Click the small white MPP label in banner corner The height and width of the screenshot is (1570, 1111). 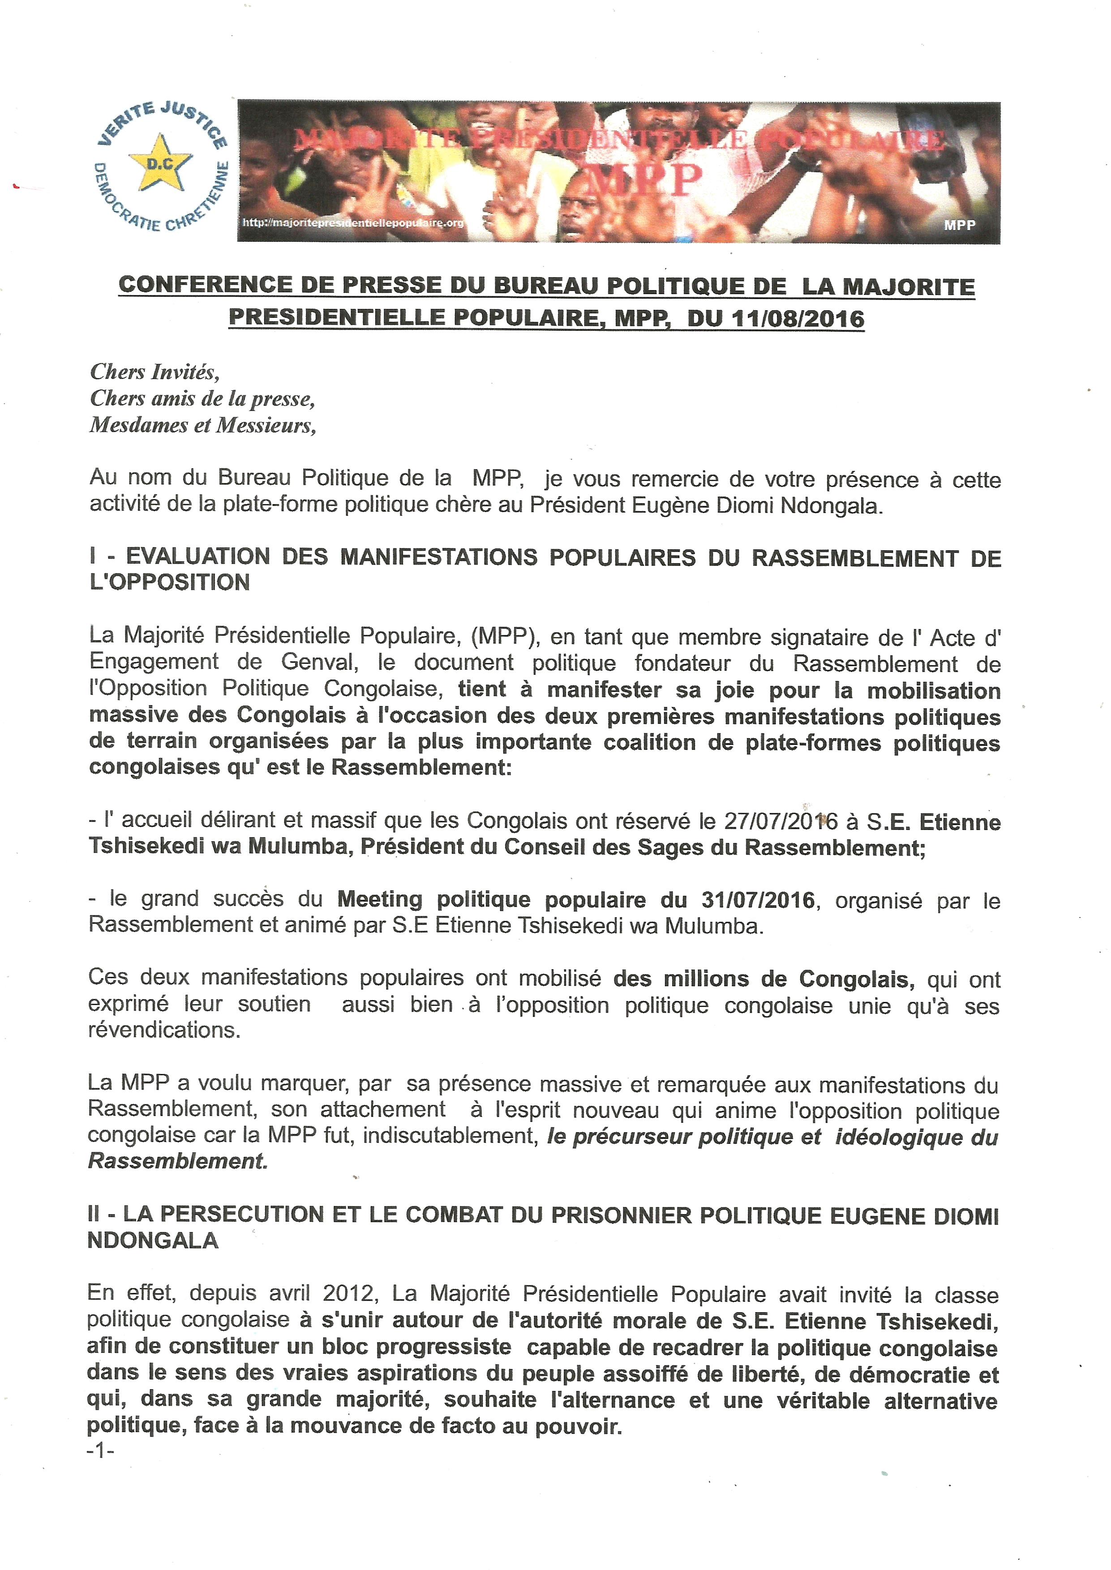[959, 225]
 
